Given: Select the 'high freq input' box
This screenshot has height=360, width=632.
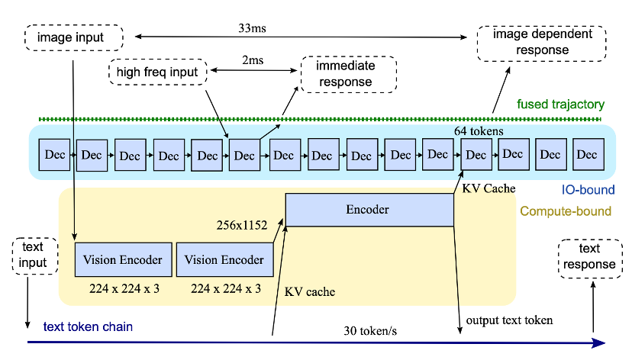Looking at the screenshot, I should coord(157,72).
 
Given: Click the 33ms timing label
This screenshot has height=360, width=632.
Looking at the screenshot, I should coord(253,28).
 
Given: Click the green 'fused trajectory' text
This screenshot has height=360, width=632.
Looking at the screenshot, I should coord(560,104).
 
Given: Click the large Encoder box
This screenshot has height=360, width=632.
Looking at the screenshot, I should coord(369,210).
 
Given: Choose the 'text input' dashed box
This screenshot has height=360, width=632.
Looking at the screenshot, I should coord(33,256).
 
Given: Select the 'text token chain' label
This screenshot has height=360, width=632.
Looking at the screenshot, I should coord(88,327).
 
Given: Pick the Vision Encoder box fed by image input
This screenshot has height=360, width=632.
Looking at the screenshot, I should coord(123,259).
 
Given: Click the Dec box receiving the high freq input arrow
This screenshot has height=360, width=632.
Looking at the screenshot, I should coord(244,155).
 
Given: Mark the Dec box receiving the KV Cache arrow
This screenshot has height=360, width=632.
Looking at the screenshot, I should coord(476,155).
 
